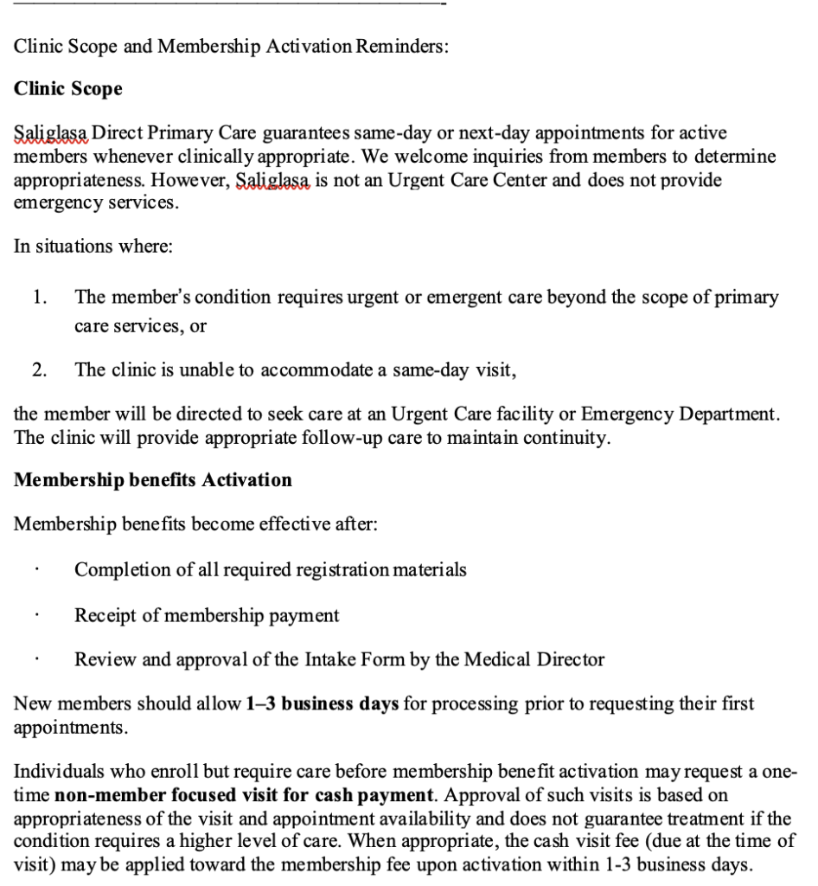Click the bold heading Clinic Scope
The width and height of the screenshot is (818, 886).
click(68, 89)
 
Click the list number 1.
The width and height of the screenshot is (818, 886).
click(39, 298)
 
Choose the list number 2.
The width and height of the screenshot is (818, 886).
click(39, 370)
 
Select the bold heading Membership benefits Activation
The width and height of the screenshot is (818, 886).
click(153, 479)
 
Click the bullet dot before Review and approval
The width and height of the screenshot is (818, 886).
click(36, 662)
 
